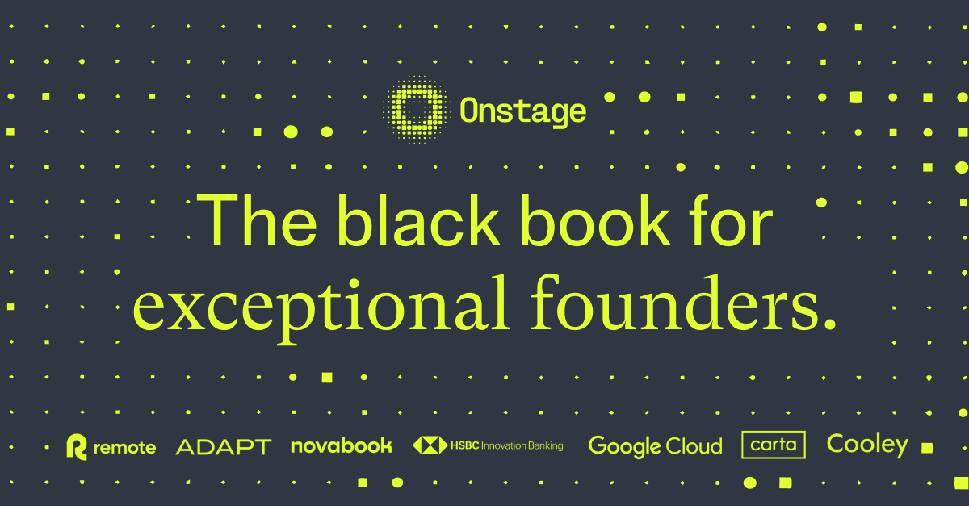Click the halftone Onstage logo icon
pos(417,110)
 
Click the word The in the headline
pos(257,220)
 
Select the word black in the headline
pos(419,220)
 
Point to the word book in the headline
pos(596,220)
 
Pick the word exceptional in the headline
pos(321,307)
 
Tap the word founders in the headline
pos(675,303)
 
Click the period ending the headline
pos(830,324)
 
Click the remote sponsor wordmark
pos(124,448)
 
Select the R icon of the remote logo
pos(77,447)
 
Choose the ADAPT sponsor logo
pos(223,447)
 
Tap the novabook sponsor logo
pos(342,446)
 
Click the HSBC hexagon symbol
pos(430,445)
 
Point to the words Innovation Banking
pos(522,446)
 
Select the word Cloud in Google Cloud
pos(694,446)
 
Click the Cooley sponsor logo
pos(867,445)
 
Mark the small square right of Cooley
pos(927,448)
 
